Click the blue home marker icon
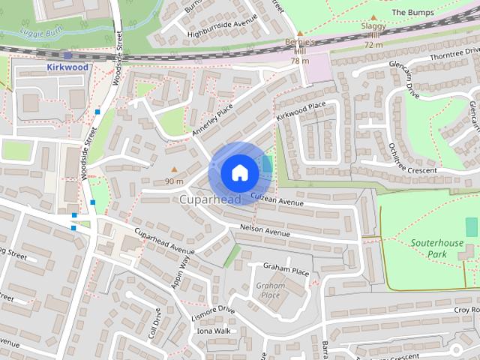click(x=239, y=172)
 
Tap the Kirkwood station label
click(x=67, y=67)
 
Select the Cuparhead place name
click(x=210, y=200)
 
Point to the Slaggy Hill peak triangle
click(x=373, y=17)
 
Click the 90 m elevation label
click(x=174, y=181)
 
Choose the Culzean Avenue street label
click(x=277, y=199)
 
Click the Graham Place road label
click(x=286, y=268)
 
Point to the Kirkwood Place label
click(x=301, y=112)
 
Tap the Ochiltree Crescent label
click(x=412, y=157)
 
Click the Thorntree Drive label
click(x=450, y=58)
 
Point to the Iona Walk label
click(x=213, y=330)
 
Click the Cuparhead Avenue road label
click(x=164, y=241)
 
